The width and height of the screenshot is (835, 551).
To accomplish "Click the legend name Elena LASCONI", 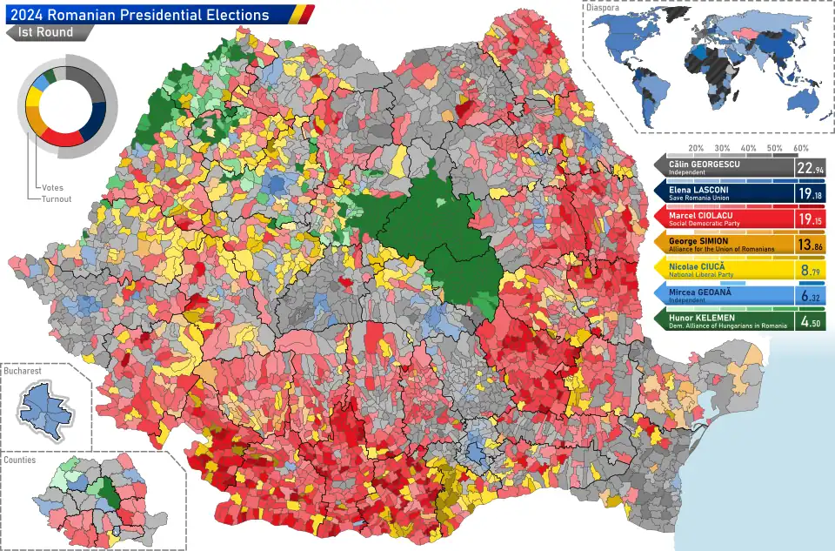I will (x=699, y=189).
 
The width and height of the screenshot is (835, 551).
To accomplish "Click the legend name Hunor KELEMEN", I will (x=703, y=318).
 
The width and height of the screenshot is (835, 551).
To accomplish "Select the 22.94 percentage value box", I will (x=809, y=168).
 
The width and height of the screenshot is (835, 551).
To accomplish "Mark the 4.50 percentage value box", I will (x=809, y=323).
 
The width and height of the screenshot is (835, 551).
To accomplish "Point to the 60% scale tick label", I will (x=801, y=148).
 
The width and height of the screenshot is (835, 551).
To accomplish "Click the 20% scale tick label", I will (x=696, y=148).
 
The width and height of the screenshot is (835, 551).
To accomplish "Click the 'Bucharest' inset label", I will (x=23, y=371).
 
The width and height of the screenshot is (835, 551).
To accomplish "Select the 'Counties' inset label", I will (x=20, y=460).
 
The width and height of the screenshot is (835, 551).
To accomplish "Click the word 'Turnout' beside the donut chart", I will (x=55, y=198).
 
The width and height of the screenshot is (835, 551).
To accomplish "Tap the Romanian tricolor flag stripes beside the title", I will (x=301, y=14).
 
